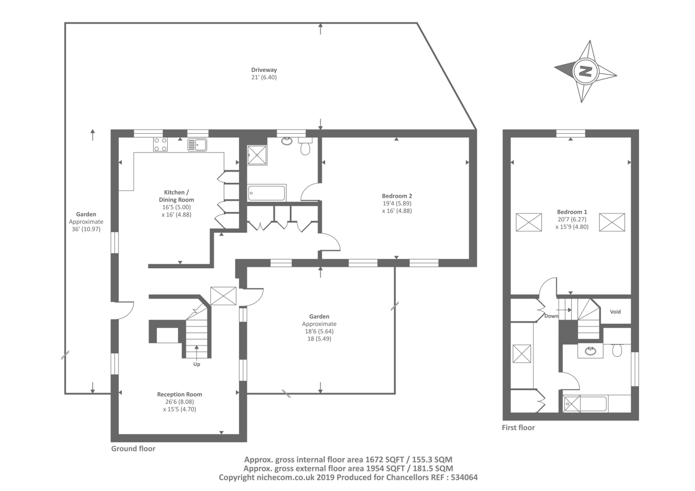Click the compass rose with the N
coord(586,71)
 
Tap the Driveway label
coord(264,70)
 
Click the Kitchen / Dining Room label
coord(176,196)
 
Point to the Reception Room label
coord(179,394)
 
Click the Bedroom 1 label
coord(572,212)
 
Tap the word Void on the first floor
coord(615,312)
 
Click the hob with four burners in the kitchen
coord(160,144)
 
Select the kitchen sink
coord(197,145)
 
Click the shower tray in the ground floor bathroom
coord(257,155)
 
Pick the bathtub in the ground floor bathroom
coord(266,193)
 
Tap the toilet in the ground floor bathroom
coord(305,147)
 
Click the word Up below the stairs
coord(197,364)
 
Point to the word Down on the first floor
coord(551,316)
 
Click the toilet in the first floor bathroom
coord(617,349)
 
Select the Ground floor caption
coord(133,448)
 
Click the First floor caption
coord(518,428)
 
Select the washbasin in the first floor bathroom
coord(590,351)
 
